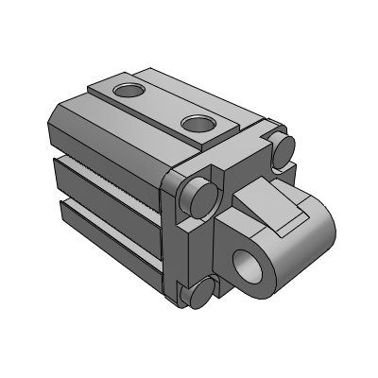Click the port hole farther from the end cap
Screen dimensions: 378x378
[x=127, y=92]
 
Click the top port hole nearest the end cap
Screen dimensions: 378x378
[x=199, y=123]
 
